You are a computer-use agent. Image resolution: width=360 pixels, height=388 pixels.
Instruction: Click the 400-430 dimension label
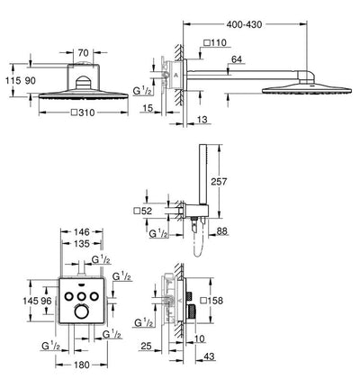tap(244, 24)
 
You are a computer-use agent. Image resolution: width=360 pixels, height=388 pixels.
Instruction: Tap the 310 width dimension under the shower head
tap(83, 113)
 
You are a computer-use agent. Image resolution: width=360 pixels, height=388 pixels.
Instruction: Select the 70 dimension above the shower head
tap(83, 53)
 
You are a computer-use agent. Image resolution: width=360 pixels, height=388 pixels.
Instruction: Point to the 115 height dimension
tap(13, 80)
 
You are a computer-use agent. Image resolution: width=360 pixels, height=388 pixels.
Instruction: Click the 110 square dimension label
tap(215, 42)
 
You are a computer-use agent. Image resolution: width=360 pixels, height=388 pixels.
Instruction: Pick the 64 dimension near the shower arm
tap(237, 59)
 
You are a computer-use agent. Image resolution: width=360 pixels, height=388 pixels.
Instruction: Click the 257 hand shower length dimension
tap(219, 181)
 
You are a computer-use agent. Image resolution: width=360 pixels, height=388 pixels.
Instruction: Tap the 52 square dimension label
tap(143, 211)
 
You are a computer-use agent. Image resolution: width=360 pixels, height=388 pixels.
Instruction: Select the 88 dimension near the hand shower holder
tap(221, 231)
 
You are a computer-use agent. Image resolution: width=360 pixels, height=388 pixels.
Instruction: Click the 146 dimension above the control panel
tap(82, 231)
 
